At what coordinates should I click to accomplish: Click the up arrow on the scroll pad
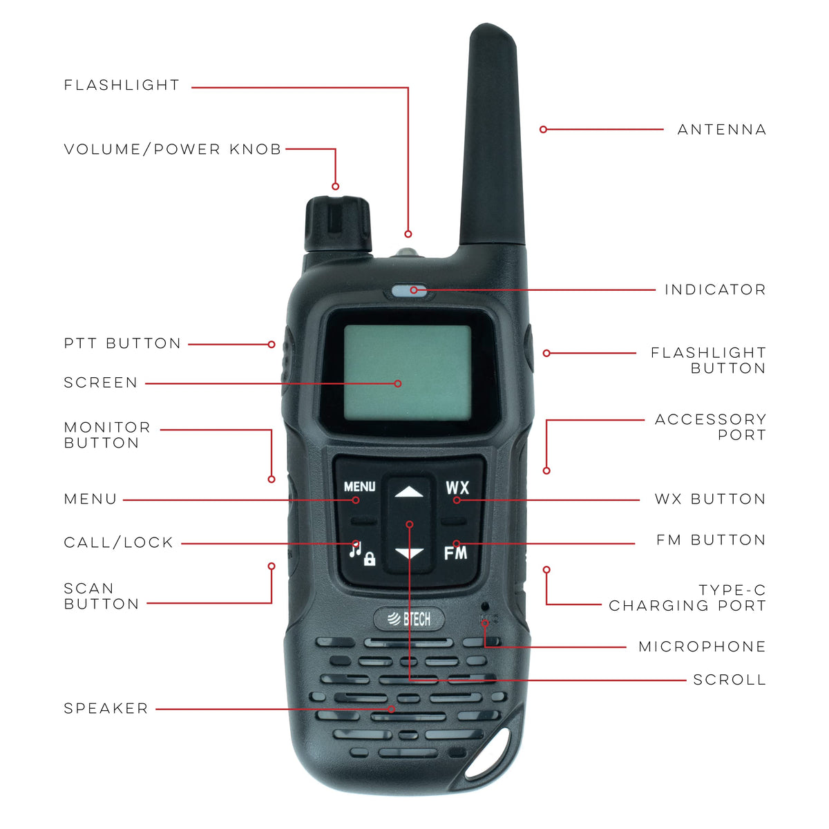click(x=409, y=491)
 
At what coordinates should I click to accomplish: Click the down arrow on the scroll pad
click(x=409, y=553)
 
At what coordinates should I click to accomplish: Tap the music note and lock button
click(x=362, y=553)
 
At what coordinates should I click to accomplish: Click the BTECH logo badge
click(x=409, y=618)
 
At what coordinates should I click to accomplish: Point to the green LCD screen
click(x=408, y=372)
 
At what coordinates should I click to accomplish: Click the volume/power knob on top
click(x=338, y=224)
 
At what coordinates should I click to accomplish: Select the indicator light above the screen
click(x=409, y=291)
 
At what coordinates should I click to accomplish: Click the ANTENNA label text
click(x=721, y=129)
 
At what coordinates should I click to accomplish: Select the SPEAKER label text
click(x=106, y=708)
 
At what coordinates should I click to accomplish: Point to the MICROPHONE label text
click(x=702, y=646)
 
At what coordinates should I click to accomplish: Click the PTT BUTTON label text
click(x=122, y=343)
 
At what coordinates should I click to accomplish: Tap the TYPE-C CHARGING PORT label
click(x=687, y=598)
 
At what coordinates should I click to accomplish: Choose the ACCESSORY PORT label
click(x=710, y=427)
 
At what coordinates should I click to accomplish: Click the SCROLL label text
click(x=730, y=680)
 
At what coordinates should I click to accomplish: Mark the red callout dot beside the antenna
click(x=544, y=129)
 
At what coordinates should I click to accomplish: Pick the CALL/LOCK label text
click(x=118, y=542)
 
